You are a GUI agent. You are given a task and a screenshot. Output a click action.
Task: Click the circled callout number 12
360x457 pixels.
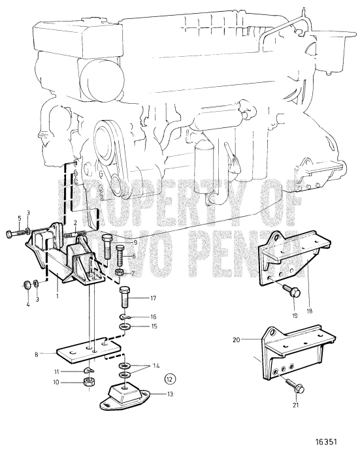pos(152,377)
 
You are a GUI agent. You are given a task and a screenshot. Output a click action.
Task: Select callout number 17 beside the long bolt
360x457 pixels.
pos(153,300)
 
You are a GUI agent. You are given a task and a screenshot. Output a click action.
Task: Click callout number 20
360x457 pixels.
pos(237,339)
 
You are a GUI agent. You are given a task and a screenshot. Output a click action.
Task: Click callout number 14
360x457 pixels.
pos(154,366)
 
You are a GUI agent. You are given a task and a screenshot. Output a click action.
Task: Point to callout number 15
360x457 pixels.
pos(154,326)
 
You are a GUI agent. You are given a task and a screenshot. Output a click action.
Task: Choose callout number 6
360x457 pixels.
pos(134,257)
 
